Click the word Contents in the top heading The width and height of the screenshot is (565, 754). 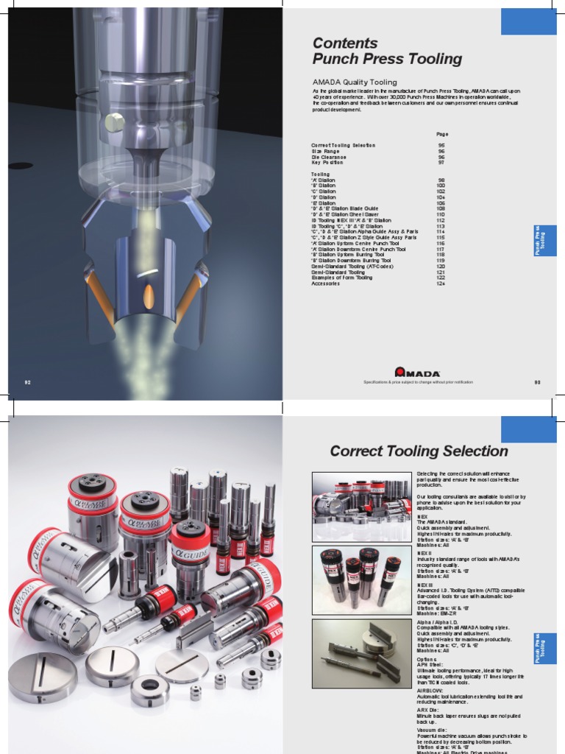[344, 43]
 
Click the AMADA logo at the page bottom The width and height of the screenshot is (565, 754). [416, 373]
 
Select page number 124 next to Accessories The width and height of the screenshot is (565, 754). [441, 283]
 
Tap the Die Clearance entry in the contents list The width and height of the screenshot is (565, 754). [328, 157]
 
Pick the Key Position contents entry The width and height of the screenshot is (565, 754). [327, 163]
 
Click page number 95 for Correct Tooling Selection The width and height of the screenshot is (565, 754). [441, 146]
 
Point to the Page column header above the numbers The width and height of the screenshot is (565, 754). [441, 134]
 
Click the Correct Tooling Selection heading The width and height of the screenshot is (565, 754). [418, 451]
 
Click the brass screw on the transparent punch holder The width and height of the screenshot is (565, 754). [114, 123]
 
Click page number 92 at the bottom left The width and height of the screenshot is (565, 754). [28, 382]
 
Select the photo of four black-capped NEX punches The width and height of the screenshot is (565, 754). [361, 579]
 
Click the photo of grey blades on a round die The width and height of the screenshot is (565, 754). [361, 652]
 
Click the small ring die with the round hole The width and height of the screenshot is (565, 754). [149, 688]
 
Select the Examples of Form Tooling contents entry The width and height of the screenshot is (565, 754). [341, 278]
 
